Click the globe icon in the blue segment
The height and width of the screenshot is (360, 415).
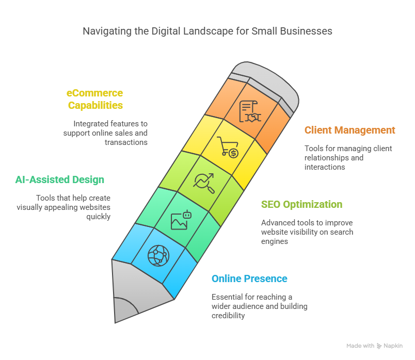[x=158, y=255]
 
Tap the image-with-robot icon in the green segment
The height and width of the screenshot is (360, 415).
[x=181, y=220]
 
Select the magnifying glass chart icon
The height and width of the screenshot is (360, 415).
[x=204, y=183]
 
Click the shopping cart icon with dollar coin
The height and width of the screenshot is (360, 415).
[x=228, y=147]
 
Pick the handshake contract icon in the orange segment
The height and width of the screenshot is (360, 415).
[x=250, y=111]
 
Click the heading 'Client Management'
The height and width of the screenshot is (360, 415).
[x=349, y=130]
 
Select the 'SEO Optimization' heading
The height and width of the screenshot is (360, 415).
[x=302, y=204]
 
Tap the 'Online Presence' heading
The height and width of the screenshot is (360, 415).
[x=249, y=279]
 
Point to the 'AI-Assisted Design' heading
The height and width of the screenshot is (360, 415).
[x=59, y=179]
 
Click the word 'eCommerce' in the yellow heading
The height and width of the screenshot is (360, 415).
[x=94, y=93]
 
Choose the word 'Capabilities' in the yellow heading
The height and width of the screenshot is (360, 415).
[x=95, y=105]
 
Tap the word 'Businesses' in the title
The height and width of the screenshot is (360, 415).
[x=306, y=31]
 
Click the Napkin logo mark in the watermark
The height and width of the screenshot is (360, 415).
[x=379, y=346]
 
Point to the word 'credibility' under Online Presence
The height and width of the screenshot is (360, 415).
[x=228, y=316]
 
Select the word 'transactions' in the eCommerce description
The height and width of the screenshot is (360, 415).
[x=126, y=142]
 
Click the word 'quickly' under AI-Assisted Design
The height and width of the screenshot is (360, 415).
[x=98, y=217]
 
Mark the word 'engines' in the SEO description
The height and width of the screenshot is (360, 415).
[x=275, y=241]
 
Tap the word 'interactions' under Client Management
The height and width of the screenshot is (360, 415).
[x=325, y=167]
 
